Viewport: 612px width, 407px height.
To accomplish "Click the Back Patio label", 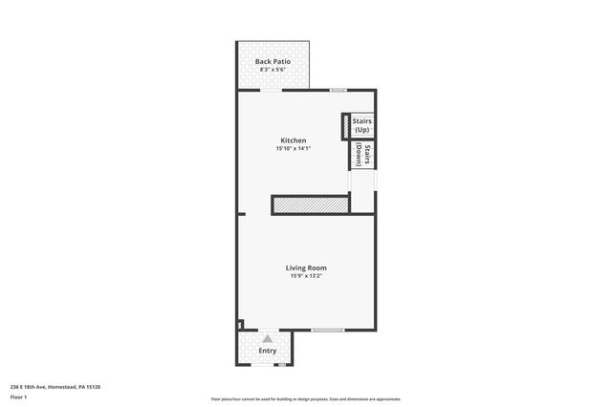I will [x=273, y=61].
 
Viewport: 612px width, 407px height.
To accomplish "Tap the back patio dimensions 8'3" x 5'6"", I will [x=273, y=70].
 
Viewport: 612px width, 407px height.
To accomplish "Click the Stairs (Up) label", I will [x=361, y=125].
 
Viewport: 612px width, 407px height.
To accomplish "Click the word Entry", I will [x=268, y=352].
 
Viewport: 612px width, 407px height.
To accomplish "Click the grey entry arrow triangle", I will [x=268, y=337].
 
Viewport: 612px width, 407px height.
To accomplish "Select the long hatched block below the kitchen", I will [x=310, y=204].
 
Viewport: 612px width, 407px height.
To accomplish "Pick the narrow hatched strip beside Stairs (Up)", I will [x=345, y=126].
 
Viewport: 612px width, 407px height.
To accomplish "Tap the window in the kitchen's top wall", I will [x=338, y=90].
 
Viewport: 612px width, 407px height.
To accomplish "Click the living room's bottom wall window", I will [x=327, y=330].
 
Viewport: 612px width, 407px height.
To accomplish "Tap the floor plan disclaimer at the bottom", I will [x=305, y=399].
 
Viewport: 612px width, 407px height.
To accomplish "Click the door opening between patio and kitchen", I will [x=272, y=90].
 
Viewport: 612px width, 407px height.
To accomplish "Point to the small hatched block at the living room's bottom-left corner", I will [x=240, y=324].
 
